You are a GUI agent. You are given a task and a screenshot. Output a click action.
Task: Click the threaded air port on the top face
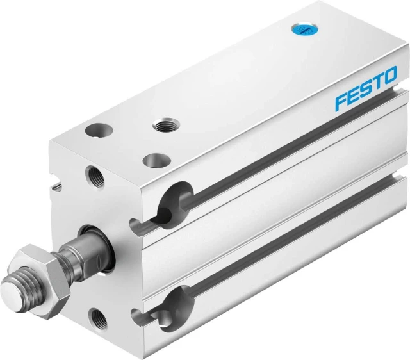[166, 125]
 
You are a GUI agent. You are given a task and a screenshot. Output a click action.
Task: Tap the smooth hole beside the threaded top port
[99, 129]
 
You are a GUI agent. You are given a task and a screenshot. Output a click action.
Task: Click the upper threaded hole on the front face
[95, 178]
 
